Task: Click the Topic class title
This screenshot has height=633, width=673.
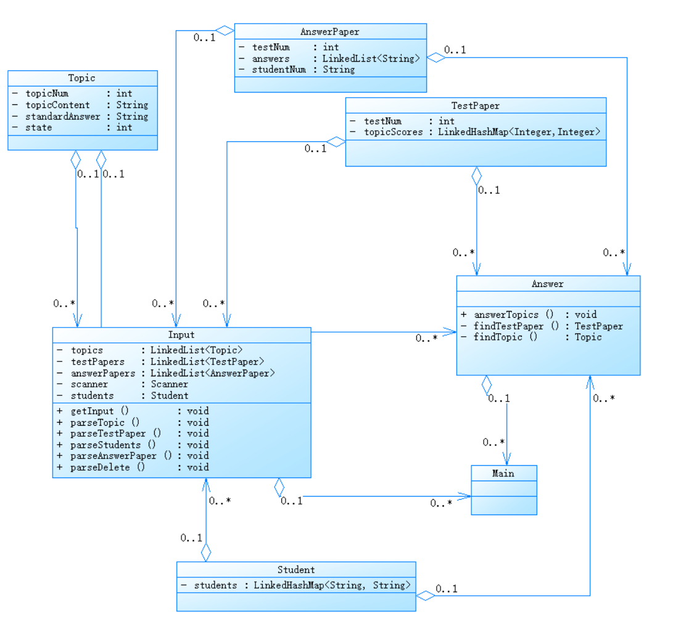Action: pos(82,78)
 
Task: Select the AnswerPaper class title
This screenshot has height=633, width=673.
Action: pos(330,31)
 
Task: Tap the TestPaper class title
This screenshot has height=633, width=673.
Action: pos(476,105)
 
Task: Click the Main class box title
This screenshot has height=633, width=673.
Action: pos(503,473)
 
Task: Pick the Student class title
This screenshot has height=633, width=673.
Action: pos(296,569)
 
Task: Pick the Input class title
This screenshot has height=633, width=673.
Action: pos(181,335)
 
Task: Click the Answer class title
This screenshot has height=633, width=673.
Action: pos(548,284)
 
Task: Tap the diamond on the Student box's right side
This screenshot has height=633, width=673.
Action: pos(425,595)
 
